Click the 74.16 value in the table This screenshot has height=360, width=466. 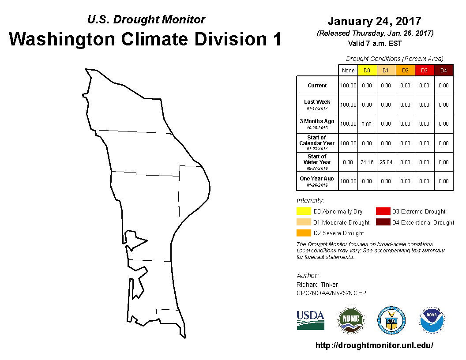pyautogui.click(x=367, y=162)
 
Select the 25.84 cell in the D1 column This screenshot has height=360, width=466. pyautogui.click(x=386, y=162)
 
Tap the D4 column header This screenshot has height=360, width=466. pyautogui.click(x=443, y=71)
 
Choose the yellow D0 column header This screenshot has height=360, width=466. pyautogui.click(x=367, y=71)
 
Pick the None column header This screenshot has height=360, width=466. pyautogui.click(x=348, y=71)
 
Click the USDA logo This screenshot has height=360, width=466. pyautogui.click(x=310, y=320)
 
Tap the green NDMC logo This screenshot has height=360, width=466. pyautogui.click(x=351, y=320)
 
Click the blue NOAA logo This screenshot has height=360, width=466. pyautogui.click(x=432, y=320)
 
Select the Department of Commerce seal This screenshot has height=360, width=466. pyautogui.click(x=391, y=320)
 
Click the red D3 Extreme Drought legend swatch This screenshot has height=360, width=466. pyautogui.click(x=383, y=211)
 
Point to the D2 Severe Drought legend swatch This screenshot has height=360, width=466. pyautogui.click(x=304, y=233)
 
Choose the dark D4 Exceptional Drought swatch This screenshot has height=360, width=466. pyautogui.click(x=383, y=222)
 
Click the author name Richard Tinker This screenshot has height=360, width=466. pyautogui.click(x=317, y=285)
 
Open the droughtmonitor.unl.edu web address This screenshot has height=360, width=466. pyautogui.click(x=374, y=345)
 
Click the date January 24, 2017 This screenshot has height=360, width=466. pyautogui.click(x=375, y=21)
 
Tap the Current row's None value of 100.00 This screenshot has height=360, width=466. pyautogui.click(x=348, y=86)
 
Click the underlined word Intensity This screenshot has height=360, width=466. pyautogui.click(x=310, y=200)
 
